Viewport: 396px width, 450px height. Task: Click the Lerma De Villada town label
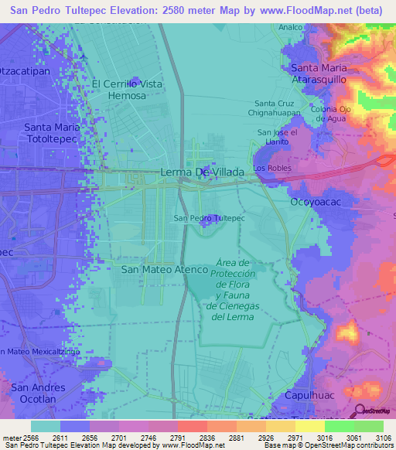[202, 172]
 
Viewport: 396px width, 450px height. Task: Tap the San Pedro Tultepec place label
[209, 219]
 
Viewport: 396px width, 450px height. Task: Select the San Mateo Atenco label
[166, 270]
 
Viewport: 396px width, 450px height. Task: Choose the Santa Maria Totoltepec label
[53, 133]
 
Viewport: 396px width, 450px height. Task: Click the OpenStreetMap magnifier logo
[360, 411]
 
